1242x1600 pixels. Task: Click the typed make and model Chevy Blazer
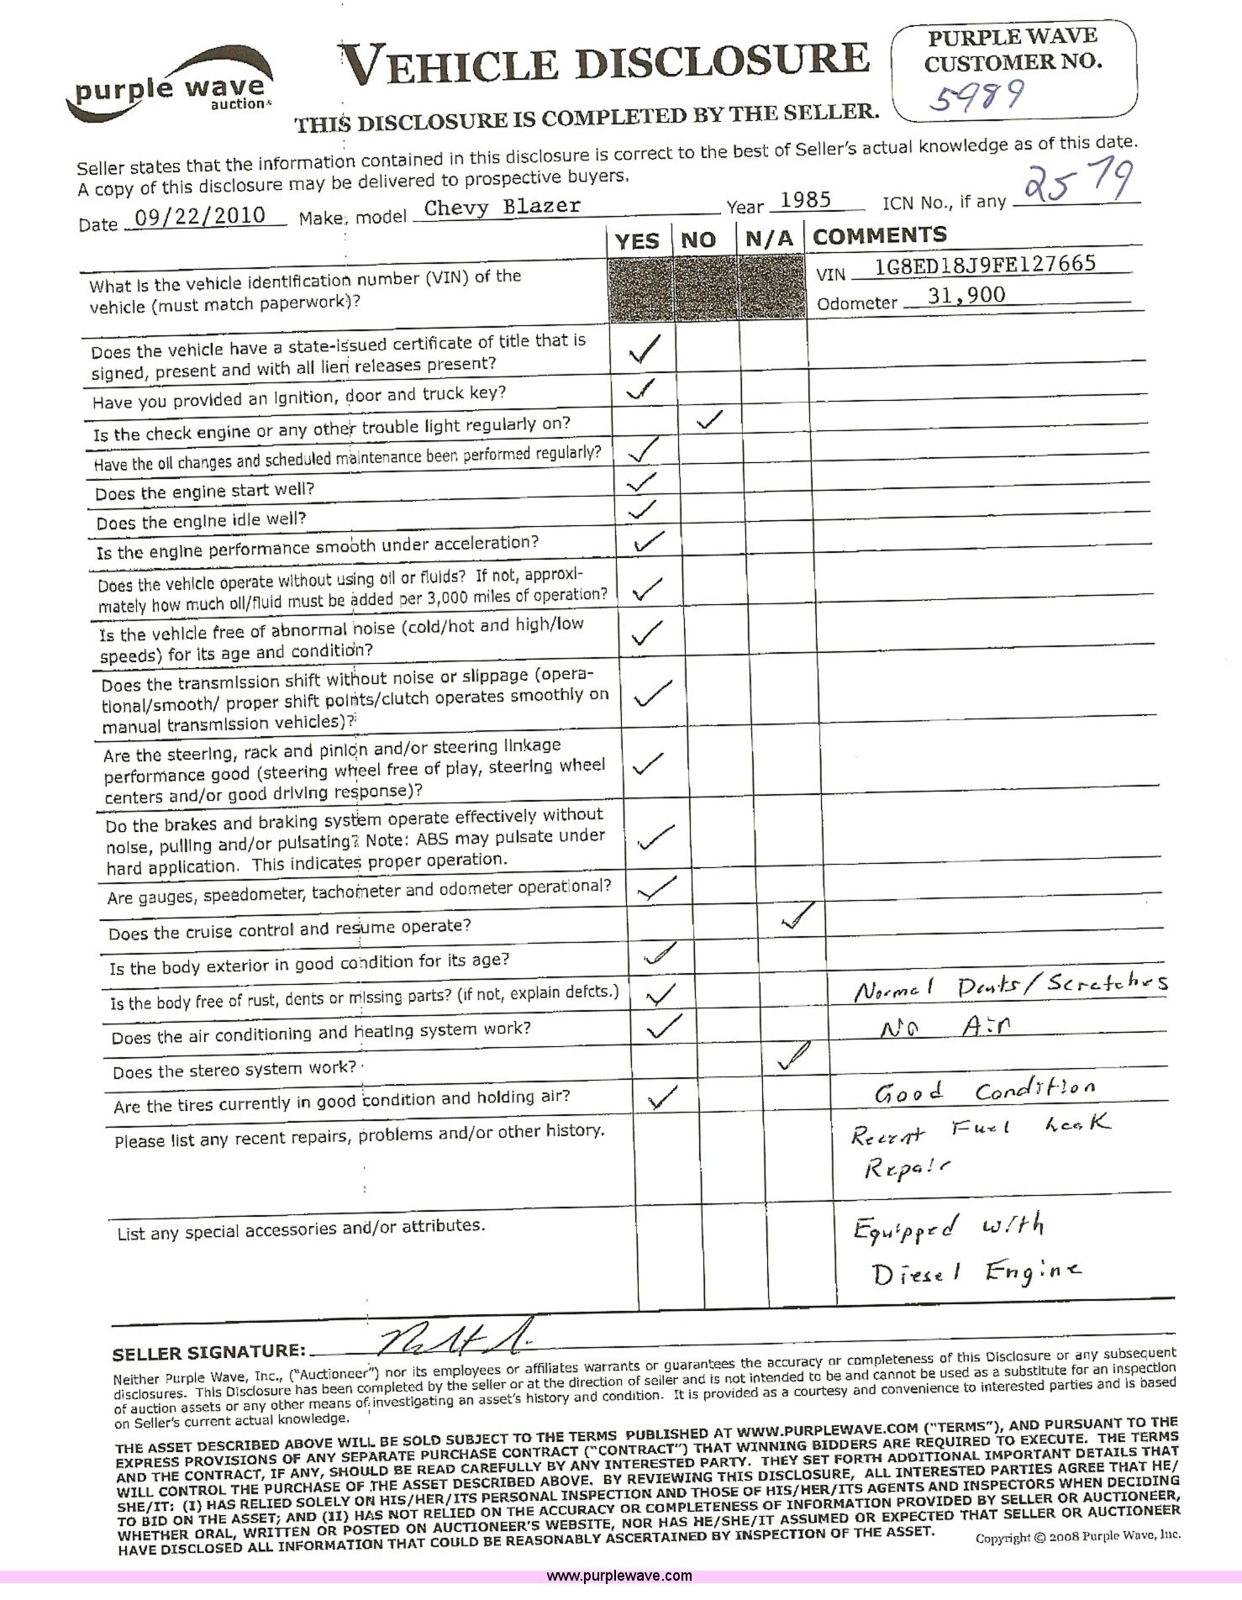[x=502, y=207]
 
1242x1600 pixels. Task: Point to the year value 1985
[x=805, y=200]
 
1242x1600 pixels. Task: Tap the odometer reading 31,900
[x=967, y=295]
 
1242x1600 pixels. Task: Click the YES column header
[x=637, y=241]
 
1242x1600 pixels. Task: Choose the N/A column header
[x=769, y=239]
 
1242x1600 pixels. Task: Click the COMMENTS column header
[x=879, y=236]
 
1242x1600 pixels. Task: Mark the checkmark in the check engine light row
[x=708, y=419]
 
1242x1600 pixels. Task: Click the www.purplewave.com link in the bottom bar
[x=619, y=1576]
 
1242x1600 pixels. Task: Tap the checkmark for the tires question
[x=661, y=1097]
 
